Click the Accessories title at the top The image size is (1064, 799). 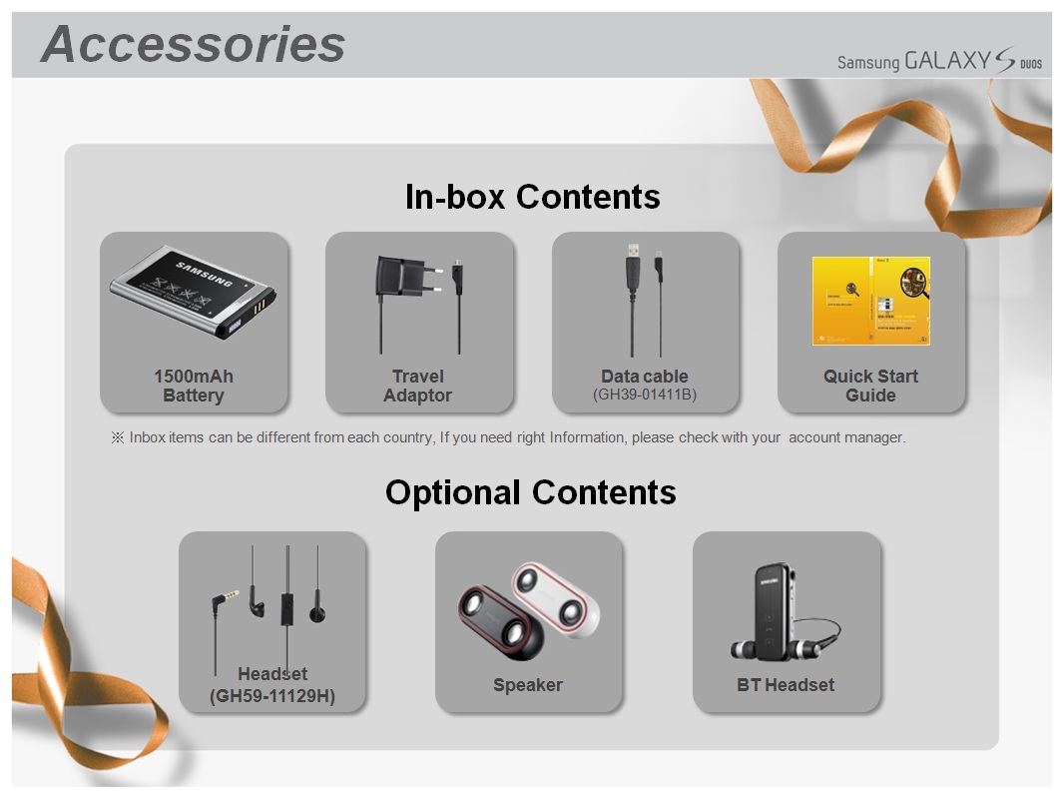[x=193, y=45]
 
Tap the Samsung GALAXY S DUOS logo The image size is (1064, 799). [x=939, y=60]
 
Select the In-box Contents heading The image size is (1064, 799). [x=533, y=197]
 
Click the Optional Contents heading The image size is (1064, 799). [x=531, y=492]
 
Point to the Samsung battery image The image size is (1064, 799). [x=193, y=292]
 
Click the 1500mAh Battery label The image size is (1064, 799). [x=194, y=386]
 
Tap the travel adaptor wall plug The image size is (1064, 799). [x=405, y=278]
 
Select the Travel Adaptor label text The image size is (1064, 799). [x=418, y=386]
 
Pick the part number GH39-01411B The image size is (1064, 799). [x=645, y=396]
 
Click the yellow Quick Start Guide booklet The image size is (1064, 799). [x=871, y=301]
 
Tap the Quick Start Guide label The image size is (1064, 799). [x=870, y=386]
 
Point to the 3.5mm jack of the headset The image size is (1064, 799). [x=224, y=600]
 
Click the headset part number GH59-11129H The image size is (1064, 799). [x=272, y=696]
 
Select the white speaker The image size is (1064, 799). [x=556, y=599]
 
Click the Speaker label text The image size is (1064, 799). [x=528, y=685]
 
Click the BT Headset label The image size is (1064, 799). [x=786, y=685]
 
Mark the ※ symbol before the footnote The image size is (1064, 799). [x=118, y=437]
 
